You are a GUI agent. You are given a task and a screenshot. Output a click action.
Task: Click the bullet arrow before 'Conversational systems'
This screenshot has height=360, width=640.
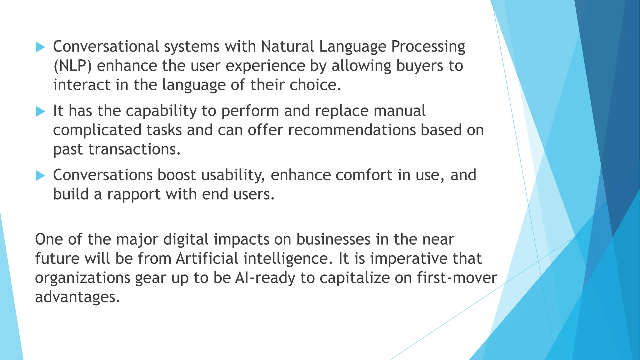pyautogui.click(x=40, y=47)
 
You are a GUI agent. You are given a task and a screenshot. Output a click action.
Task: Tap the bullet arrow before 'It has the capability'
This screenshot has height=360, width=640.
pyautogui.click(x=40, y=112)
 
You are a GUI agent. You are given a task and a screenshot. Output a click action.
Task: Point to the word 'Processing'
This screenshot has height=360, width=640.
pyautogui.click(x=428, y=47)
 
